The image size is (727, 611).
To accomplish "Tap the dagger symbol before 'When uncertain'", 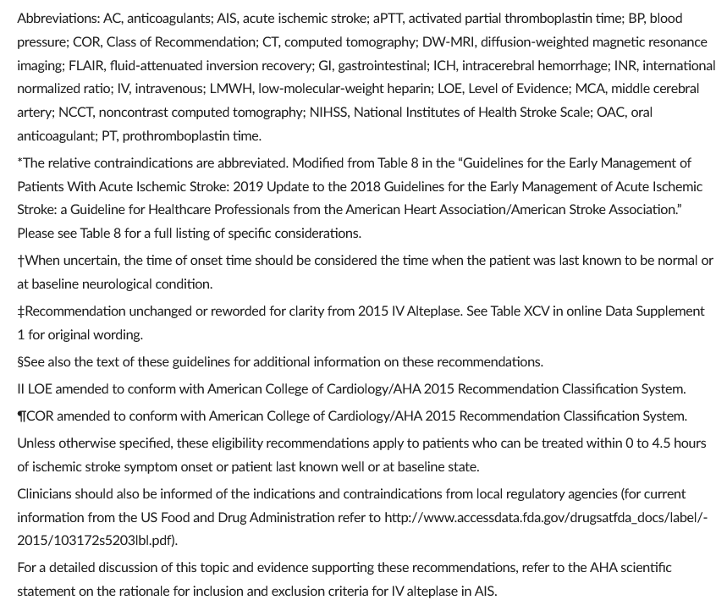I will click(x=20, y=261).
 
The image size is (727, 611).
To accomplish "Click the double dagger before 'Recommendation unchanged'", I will click(x=20, y=311).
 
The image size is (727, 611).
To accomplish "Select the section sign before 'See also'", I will click(x=20, y=362).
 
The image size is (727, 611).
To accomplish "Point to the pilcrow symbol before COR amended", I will click(x=22, y=416).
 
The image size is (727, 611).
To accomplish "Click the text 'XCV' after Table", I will click(x=526, y=311).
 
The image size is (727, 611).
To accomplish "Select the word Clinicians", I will click(x=47, y=493).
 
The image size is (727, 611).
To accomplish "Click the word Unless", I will click(x=36, y=443).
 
